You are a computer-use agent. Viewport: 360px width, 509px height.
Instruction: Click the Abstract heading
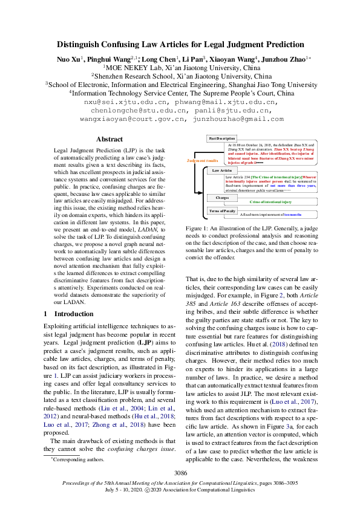[x=110, y=139]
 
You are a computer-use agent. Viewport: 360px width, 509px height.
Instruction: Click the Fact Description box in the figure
[x=221, y=138]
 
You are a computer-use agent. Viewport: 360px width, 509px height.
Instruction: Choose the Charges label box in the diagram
[x=221, y=198]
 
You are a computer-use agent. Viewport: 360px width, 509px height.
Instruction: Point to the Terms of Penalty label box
[x=221, y=211]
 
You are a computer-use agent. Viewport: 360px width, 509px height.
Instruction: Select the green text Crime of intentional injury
[x=270, y=201]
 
